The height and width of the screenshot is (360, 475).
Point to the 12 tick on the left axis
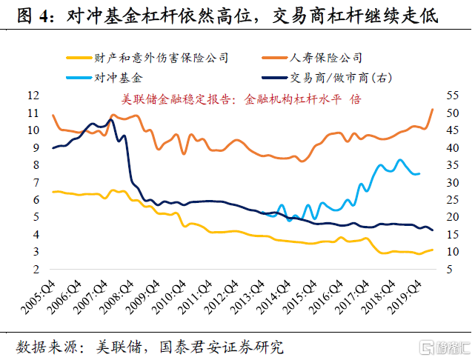[32, 96]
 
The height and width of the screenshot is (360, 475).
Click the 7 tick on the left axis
[35, 182]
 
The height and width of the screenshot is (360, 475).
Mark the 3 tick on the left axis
[35, 252]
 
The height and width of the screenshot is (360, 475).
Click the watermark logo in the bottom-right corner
[444, 346]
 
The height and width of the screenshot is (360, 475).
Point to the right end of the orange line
[433, 110]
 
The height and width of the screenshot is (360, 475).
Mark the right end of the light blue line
[419, 173]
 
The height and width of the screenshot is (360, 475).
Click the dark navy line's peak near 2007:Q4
[111, 120]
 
